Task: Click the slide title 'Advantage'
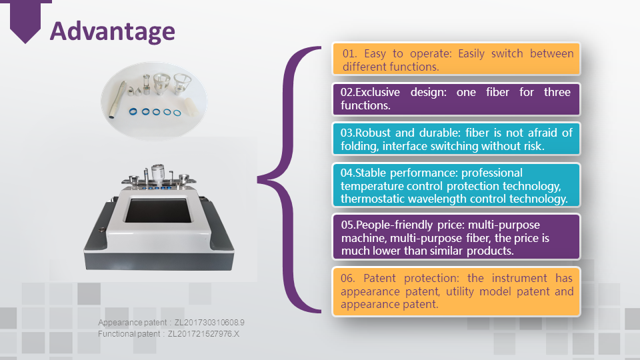tap(113, 31)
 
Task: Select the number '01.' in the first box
tap(351, 53)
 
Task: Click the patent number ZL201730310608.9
tap(210, 323)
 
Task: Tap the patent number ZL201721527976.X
tap(203, 333)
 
